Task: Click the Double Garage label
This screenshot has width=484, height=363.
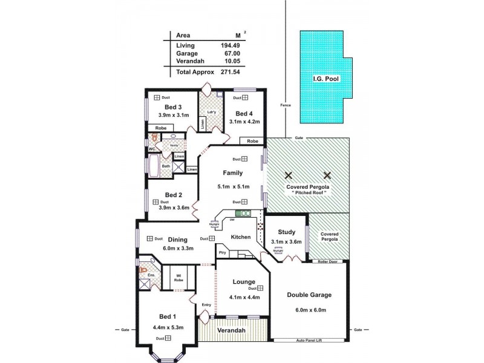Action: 310,296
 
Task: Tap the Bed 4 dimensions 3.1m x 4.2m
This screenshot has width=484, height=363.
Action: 244,121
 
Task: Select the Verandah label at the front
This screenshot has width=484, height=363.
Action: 232,332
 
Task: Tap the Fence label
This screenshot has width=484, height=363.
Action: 286,105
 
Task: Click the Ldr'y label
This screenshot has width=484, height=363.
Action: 212,112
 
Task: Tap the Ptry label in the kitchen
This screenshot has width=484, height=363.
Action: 222,252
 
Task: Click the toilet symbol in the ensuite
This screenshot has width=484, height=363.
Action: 144,270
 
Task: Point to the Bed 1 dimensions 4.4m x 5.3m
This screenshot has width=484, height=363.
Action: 168,327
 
